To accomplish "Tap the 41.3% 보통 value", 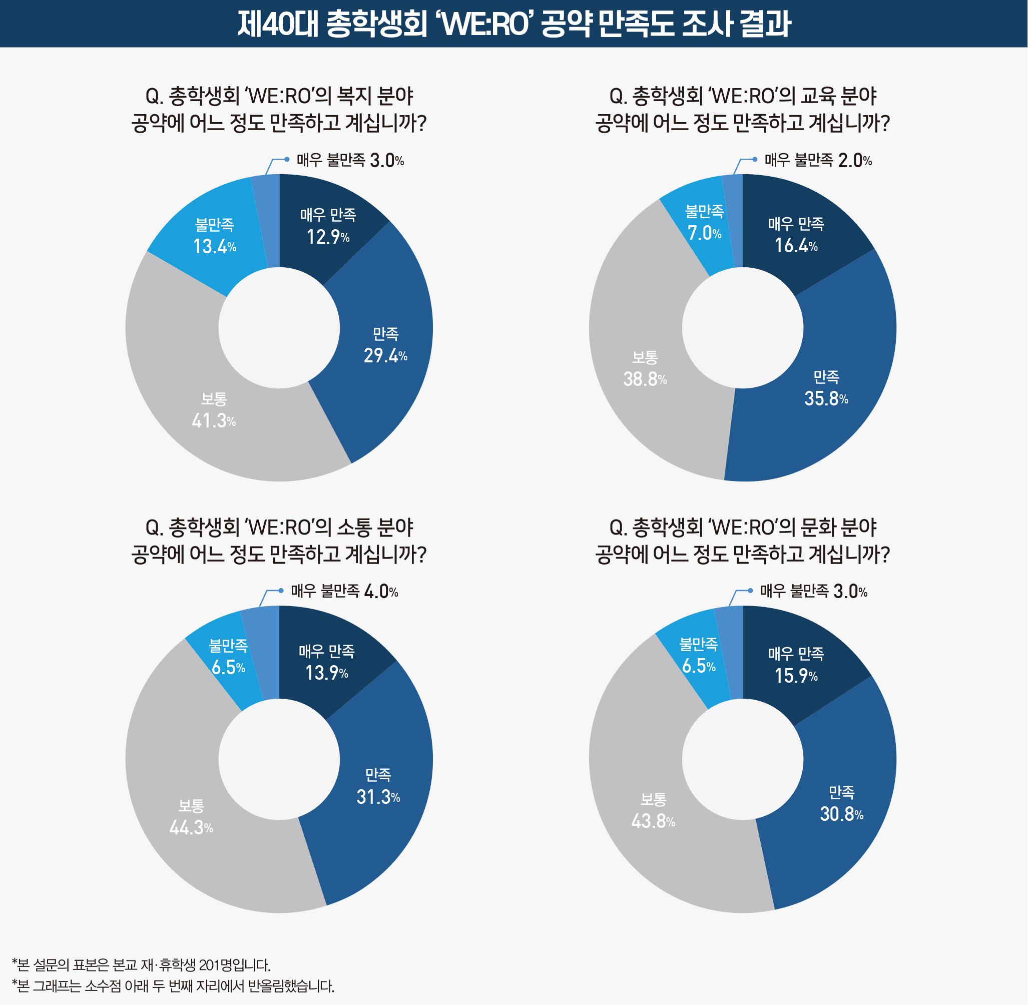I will pos(213,421).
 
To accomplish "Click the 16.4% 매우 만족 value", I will pos(796,246).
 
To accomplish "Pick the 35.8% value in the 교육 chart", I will pos(826,398).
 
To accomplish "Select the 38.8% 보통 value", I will pos(645,379).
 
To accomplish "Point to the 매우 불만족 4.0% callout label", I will pos(344,591).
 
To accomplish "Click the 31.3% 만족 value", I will pos(378,797).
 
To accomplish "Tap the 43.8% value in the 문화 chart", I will pos(653,821).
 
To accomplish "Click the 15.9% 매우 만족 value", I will pos(796,676).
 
